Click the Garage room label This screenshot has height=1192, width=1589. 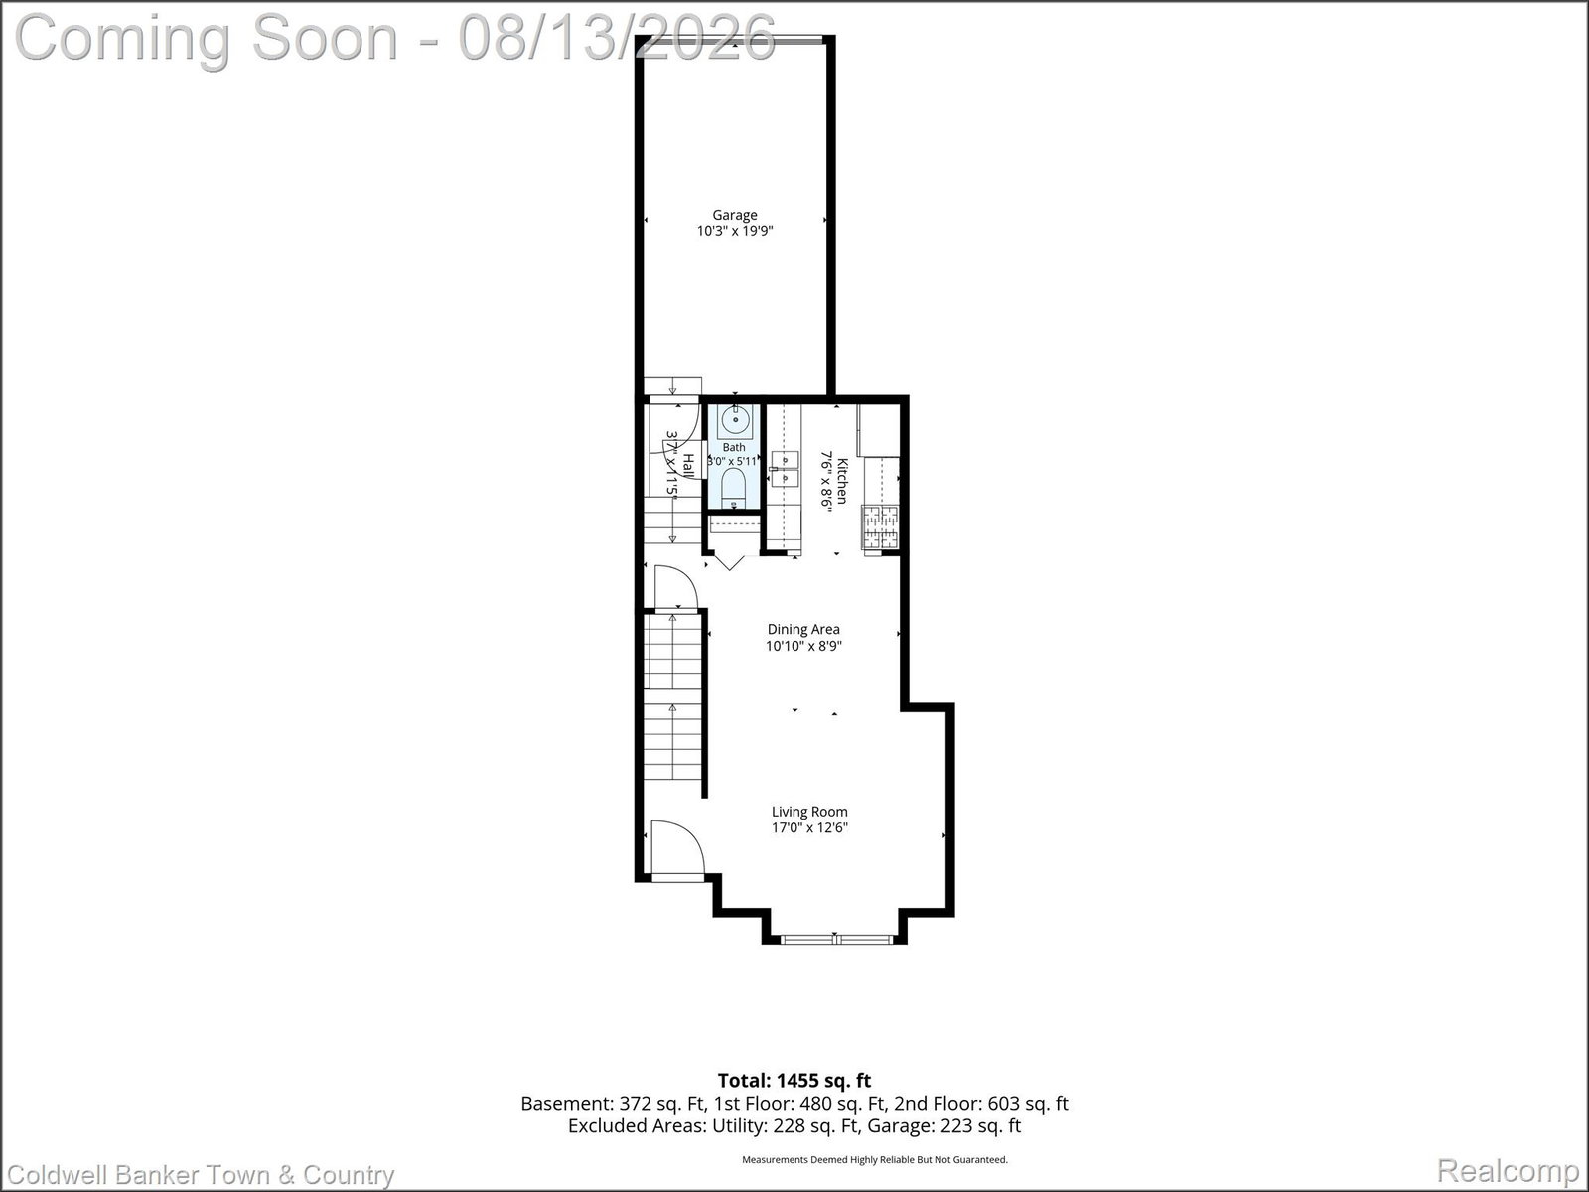(x=735, y=215)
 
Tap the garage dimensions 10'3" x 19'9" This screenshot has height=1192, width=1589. (x=735, y=231)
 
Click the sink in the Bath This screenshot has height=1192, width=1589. (x=736, y=420)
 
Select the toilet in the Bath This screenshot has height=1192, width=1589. (x=734, y=487)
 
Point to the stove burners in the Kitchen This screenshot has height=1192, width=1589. (x=880, y=526)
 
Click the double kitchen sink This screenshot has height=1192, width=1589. (x=785, y=468)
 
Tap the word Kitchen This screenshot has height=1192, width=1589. (x=842, y=481)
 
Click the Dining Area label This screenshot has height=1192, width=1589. (x=803, y=629)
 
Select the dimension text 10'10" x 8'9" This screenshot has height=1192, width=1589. (x=803, y=646)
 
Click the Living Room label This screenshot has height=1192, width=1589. (x=809, y=812)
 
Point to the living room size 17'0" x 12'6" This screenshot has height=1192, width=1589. (x=809, y=828)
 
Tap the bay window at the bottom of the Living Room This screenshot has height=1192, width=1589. (x=836, y=940)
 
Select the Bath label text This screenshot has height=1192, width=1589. (x=733, y=447)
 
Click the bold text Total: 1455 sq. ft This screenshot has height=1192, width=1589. (x=794, y=1081)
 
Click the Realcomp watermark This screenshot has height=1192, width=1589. (x=1508, y=1169)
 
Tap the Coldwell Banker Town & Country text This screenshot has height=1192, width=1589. (x=201, y=1175)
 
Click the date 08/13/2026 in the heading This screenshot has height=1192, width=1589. (x=617, y=38)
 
